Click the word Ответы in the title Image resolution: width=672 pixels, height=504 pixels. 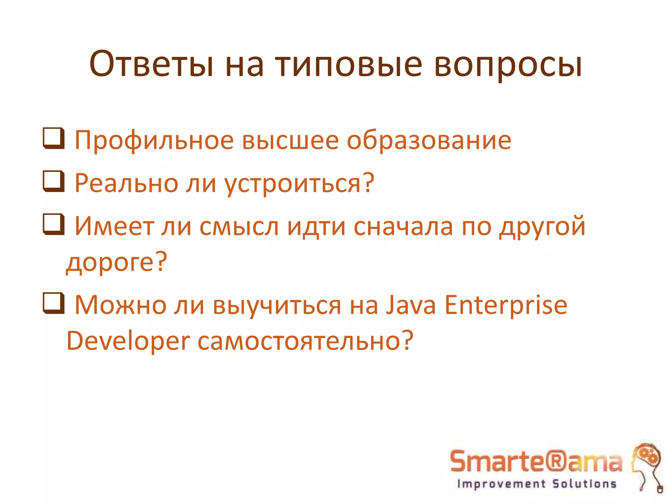[x=151, y=64]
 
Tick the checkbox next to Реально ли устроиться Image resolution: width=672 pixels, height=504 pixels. [x=53, y=181]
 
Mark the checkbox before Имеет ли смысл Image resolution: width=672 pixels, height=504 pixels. [x=53, y=224]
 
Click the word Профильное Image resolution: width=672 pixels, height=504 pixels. [x=154, y=141]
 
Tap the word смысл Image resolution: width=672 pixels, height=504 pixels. [x=239, y=227]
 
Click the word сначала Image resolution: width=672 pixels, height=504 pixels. [x=403, y=227]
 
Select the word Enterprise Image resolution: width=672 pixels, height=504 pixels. [x=506, y=305]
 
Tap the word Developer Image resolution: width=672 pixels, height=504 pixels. [x=128, y=341]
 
